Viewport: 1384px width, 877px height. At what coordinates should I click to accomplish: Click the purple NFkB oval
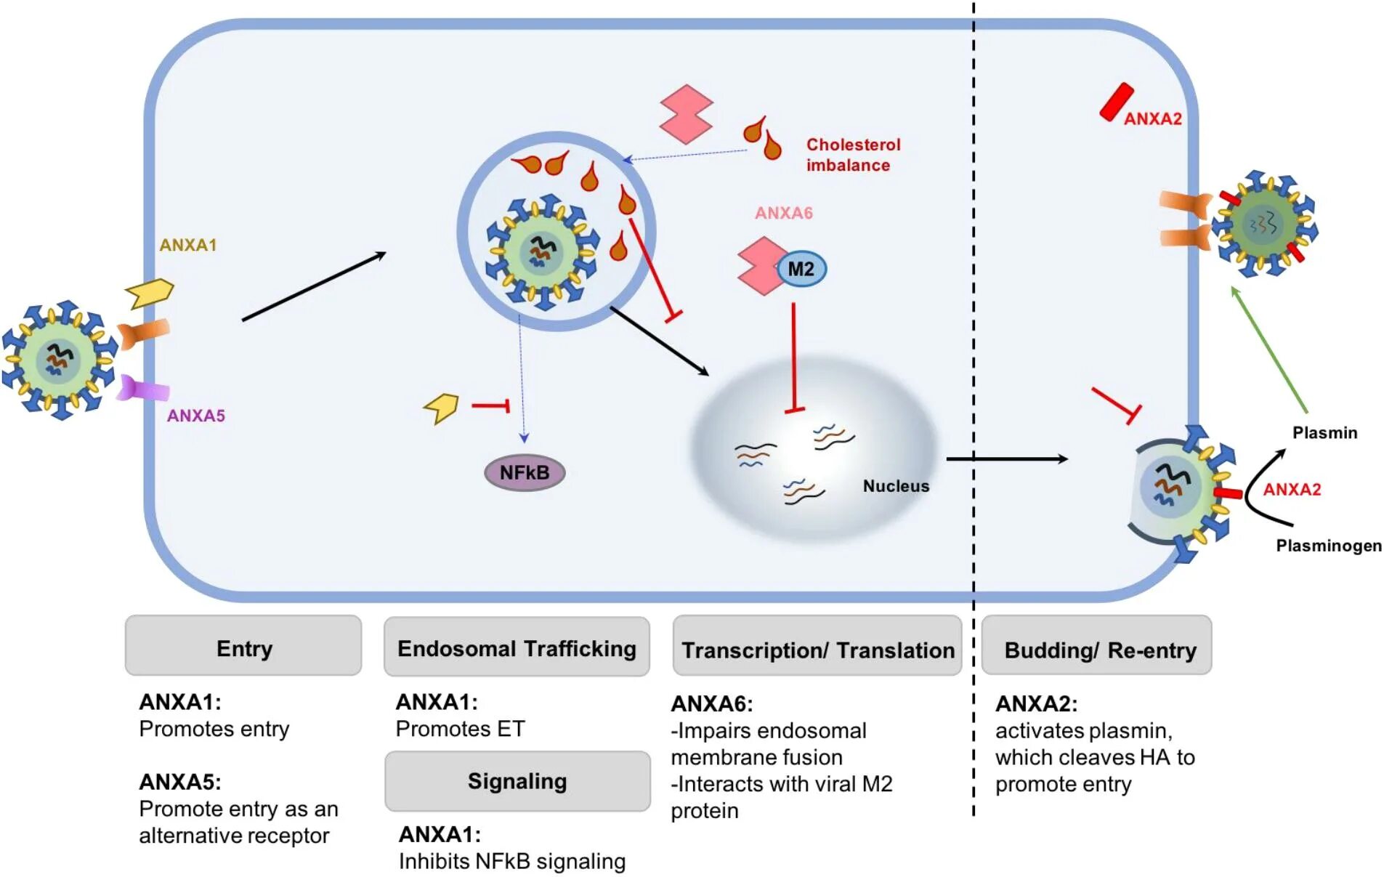coord(525,472)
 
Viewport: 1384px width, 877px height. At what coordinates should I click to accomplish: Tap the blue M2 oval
coord(801,269)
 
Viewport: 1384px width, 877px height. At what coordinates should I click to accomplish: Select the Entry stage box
coord(243,646)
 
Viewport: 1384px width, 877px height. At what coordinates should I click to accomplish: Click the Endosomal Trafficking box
coord(517,647)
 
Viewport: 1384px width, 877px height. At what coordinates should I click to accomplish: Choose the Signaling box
coord(517,781)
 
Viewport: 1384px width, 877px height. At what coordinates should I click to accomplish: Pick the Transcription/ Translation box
coord(817,646)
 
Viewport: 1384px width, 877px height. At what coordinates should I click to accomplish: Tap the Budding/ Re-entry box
coord(1096,646)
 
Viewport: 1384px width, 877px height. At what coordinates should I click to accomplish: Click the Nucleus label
coord(896,486)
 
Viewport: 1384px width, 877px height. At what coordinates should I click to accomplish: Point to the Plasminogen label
coord(1329,546)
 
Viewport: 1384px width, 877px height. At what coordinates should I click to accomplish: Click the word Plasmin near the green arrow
coord(1324,433)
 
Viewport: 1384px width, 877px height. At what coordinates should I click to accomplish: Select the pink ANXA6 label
coord(783,213)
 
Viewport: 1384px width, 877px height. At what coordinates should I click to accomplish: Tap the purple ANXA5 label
coord(196,416)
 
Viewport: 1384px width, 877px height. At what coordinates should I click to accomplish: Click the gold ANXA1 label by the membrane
coord(188,245)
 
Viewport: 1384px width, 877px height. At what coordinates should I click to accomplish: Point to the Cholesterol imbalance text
coord(853,155)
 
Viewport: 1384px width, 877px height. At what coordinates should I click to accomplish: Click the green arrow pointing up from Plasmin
coord(1269,349)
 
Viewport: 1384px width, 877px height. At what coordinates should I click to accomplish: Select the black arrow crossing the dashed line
coord(1007,459)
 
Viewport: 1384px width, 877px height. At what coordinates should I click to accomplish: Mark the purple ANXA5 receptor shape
coord(143,388)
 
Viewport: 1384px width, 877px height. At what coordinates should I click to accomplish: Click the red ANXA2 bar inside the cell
coord(1117,102)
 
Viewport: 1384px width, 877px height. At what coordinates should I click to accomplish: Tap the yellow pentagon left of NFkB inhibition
coord(441,408)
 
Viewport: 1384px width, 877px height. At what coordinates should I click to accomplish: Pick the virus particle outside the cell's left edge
coord(60,360)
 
